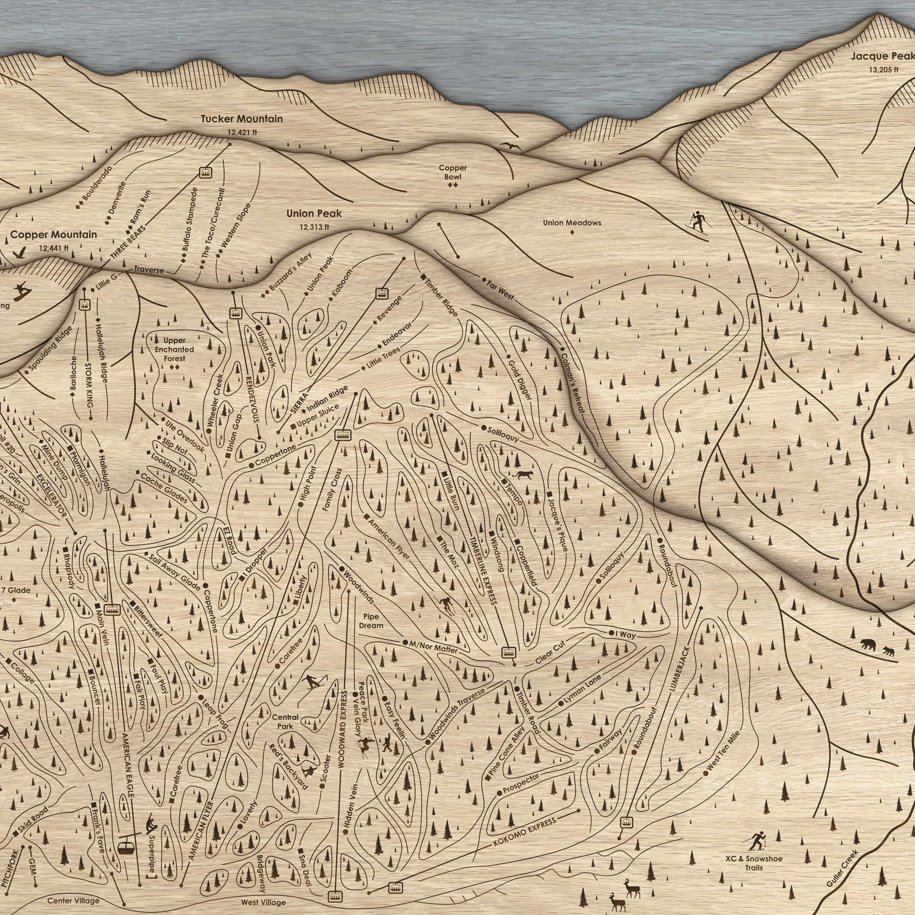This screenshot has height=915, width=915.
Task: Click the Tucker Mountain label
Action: [x=242, y=119]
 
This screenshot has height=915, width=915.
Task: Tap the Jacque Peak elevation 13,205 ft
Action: [x=883, y=69]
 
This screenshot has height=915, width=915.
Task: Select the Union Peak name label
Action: [x=314, y=214]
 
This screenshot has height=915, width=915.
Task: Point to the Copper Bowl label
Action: [x=452, y=172]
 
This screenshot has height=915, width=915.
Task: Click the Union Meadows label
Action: [x=572, y=223]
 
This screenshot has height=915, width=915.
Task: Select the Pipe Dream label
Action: [x=371, y=621]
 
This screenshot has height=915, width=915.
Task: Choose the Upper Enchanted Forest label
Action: [x=175, y=349]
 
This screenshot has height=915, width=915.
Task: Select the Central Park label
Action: [x=285, y=722]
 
